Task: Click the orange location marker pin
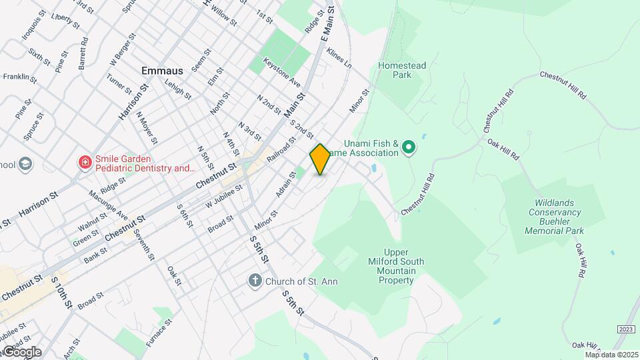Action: (320, 159)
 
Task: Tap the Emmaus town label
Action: (162, 70)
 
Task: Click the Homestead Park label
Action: (404, 71)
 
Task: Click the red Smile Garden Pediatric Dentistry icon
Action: (85, 163)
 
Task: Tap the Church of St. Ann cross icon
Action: (255, 281)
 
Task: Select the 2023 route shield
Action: (625, 329)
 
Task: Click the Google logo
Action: (21, 352)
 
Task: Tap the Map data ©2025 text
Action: (611, 354)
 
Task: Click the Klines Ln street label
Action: (339, 61)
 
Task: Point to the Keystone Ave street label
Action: (282, 72)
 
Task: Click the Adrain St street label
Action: (285, 185)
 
